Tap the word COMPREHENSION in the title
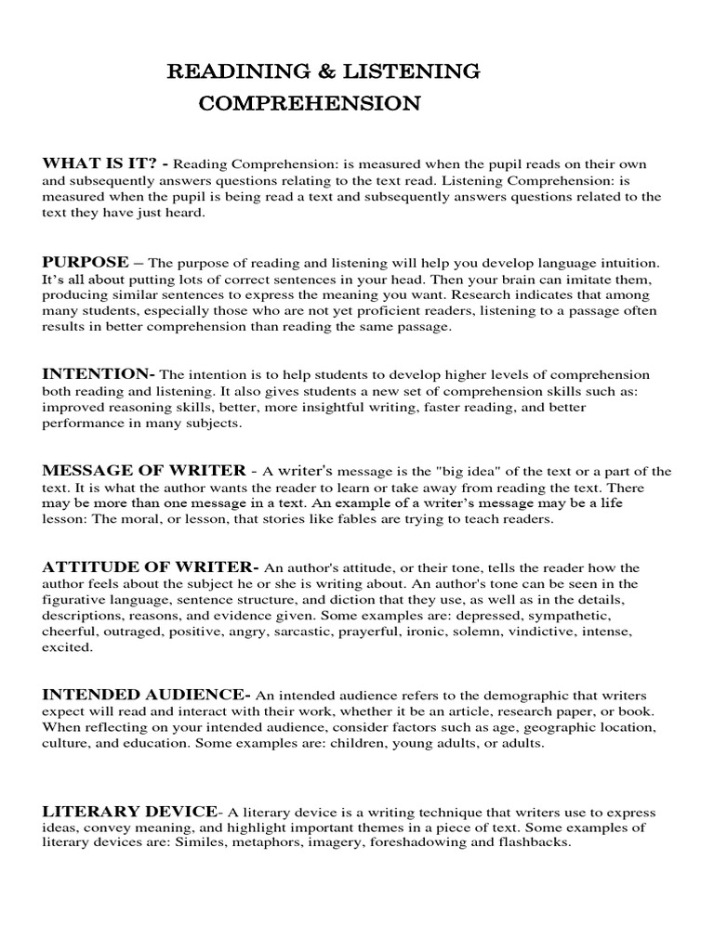pos(310,103)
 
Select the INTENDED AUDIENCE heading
pos(146,694)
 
